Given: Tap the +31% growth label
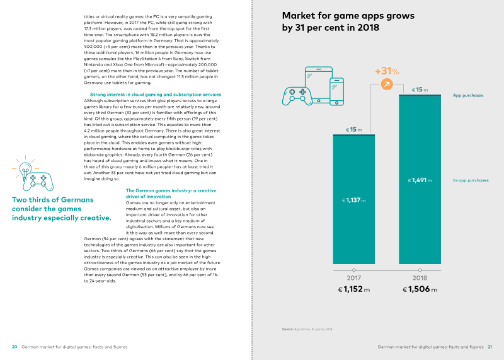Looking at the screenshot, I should pyautogui.click(x=387, y=71).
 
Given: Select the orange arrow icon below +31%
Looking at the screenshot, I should pyautogui.click(x=387, y=84).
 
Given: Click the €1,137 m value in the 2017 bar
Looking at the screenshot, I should pyautogui.click(x=353, y=200).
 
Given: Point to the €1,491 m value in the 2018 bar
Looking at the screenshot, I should pyautogui.click(x=420, y=181).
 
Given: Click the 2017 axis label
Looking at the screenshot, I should pyautogui.click(x=353, y=278).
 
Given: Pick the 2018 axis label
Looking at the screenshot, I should pyautogui.click(x=420, y=278).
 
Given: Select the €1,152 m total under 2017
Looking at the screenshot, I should pyautogui.click(x=353, y=290).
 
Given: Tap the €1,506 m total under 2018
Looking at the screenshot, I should pyautogui.click(x=420, y=290).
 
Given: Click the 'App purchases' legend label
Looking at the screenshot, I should pyautogui.click(x=468, y=96).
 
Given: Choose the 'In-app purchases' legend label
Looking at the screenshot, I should pyautogui.click(x=471, y=180).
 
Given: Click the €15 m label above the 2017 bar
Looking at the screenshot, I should pyautogui.click(x=353, y=129).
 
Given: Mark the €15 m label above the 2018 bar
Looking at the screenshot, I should pyautogui.click(x=420, y=90).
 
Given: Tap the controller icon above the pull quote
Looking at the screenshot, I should pyautogui.click(x=35, y=178).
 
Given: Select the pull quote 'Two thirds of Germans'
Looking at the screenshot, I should pyautogui.click(x=53, y=200).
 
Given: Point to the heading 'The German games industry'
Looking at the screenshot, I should pyautogui.click(x=171, y=190).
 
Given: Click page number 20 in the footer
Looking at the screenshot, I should pyautogui.click(x=14, y=347).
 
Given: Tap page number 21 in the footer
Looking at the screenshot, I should pyautogui.click(x=490, y=347).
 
